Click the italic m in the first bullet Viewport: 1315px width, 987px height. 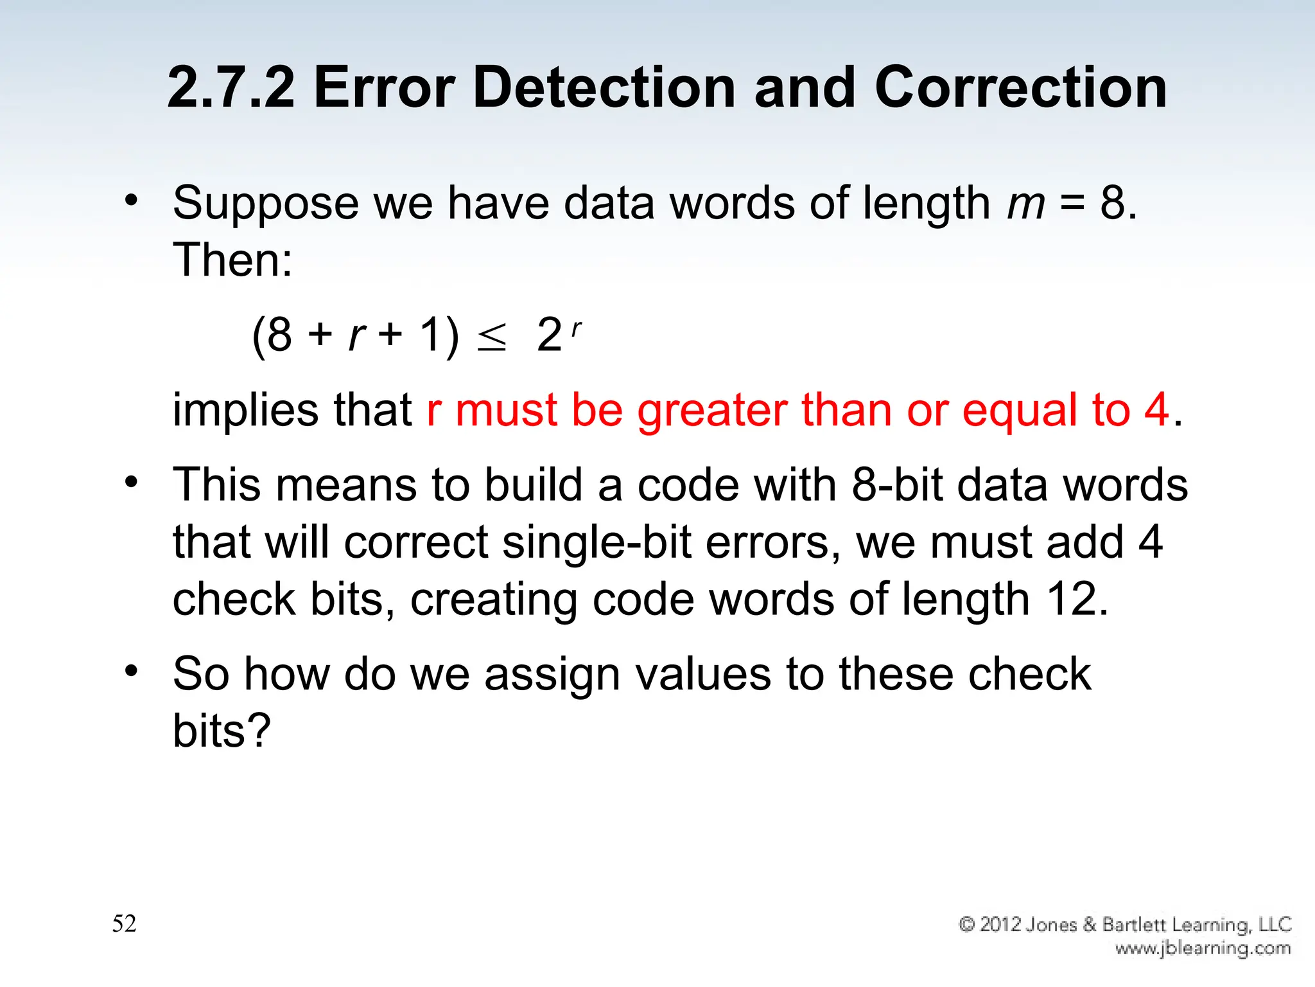1026,204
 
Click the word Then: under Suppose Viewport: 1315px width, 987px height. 232,260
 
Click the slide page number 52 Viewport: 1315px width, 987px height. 124,923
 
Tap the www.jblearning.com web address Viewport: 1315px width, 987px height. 1203,948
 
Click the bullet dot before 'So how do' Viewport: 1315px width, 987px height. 132,671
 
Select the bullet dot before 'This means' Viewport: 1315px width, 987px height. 132,482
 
